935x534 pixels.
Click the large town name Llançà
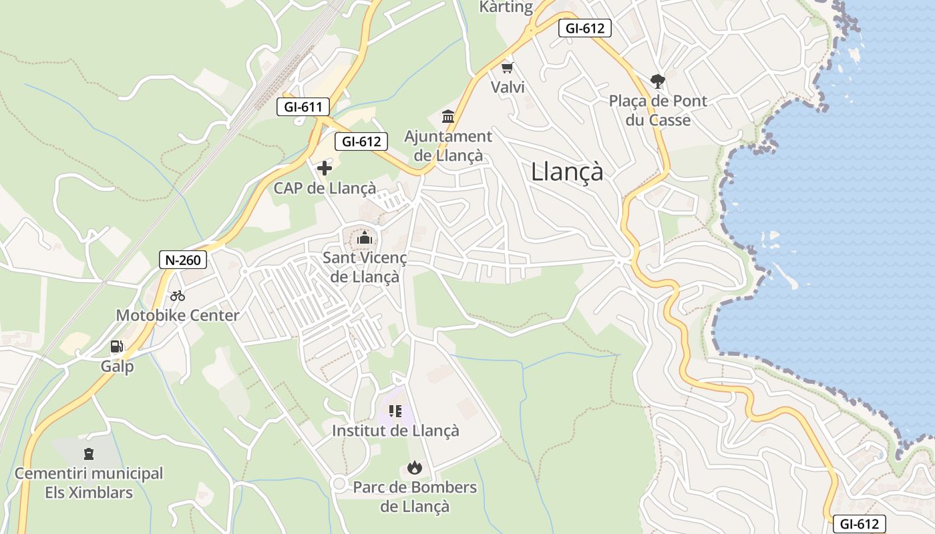567,172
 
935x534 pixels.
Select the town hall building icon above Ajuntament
448,117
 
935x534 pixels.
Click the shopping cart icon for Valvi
508,67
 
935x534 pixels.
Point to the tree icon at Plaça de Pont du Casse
658,81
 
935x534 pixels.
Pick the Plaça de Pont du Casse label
658,111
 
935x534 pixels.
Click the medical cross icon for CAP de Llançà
325,168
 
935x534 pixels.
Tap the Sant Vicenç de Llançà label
365,267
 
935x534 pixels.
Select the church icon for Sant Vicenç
365,238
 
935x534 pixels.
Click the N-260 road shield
183,260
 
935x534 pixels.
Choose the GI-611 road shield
303,106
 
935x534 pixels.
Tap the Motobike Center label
178,316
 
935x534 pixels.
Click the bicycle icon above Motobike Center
178,296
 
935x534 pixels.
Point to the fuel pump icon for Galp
117,346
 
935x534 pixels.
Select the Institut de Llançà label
395,431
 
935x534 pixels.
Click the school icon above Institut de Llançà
395,411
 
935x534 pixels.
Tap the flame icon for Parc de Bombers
415,468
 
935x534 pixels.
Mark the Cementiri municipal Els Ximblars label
89,483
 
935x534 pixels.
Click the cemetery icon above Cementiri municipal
89,455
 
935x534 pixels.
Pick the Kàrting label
506,7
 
